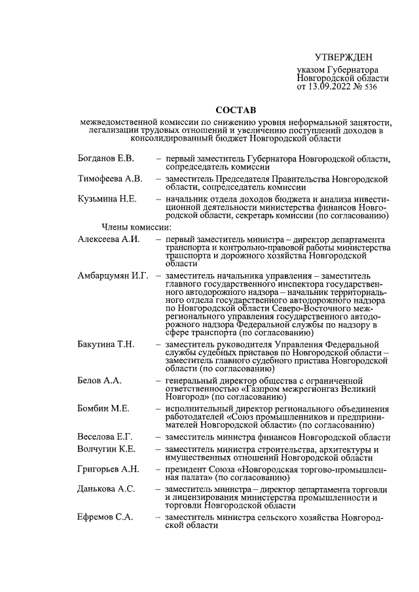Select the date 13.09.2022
click(x=330, y=86)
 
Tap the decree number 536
click(x=371, y=86)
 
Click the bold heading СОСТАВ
click(x=236, y=109)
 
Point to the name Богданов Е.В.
click(x=105, y=158)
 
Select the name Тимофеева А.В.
click(x=109, y=178)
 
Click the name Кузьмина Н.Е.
click(x=107, y=198)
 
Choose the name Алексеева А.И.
click(x=109, y=239)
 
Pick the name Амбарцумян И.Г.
click(x=113, y=275)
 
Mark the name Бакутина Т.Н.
click(x=107, y=344)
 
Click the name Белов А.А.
click(x=99, y=380)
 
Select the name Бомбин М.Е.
click(x=103, y=408)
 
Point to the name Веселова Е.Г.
click(x=105, y=437)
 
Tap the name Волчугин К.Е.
click(x=106, y=449)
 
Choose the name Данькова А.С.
click(x=106, y=489)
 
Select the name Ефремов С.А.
click(x=105, y=517)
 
